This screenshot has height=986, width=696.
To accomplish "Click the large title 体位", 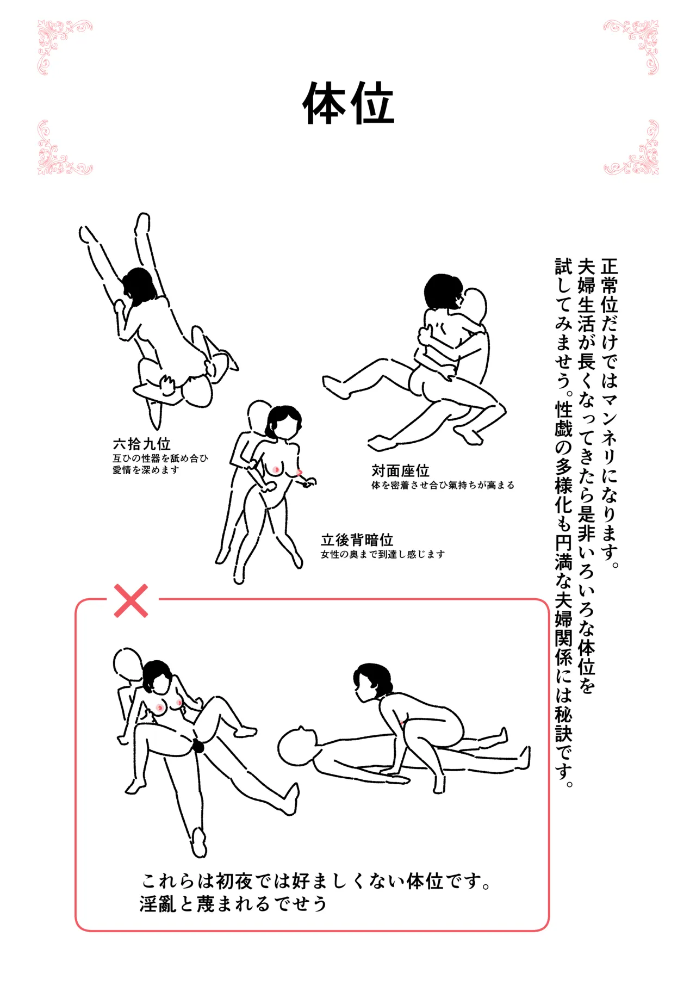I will pos(348,103).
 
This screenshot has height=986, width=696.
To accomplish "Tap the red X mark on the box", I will pos(131,601).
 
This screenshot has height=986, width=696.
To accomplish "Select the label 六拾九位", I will pos(141,444).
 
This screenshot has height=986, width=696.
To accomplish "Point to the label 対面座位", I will pos(400,470).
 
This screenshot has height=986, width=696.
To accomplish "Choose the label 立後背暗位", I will pos(357,539).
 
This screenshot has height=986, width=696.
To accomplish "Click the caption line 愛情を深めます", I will pos(146,470).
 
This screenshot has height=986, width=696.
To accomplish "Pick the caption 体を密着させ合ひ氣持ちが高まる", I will pos(443,485).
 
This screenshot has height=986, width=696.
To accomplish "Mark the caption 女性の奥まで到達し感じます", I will pos(383,554).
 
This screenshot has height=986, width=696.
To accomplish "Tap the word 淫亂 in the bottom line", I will pos(158,904).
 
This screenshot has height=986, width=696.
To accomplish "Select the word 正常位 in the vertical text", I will pos(610,286).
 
